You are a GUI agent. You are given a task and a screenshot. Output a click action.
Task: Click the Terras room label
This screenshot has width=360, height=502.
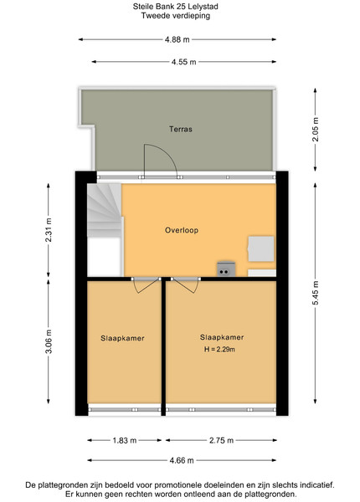[181, 129]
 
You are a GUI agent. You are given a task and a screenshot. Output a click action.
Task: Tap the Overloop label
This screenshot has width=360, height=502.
[182, 230]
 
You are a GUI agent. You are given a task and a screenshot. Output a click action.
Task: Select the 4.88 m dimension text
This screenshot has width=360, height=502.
[177, 39]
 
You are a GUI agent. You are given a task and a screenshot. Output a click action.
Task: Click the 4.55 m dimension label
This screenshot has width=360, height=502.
[183, 62]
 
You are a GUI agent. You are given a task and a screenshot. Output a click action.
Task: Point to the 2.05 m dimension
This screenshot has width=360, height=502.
[316, 130]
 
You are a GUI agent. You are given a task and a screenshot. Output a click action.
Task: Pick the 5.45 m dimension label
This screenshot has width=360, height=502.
[316, 293]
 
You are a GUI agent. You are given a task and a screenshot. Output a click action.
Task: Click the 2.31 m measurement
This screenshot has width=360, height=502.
[49, 230]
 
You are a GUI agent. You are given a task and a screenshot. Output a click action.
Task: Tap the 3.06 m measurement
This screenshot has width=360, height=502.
[49, 341]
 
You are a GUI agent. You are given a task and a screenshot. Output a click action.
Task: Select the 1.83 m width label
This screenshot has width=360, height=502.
[125, 441]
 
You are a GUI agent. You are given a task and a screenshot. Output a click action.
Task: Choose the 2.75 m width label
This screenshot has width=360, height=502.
[221, 441]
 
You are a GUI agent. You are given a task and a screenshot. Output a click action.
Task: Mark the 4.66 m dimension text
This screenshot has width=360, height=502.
[182, 460]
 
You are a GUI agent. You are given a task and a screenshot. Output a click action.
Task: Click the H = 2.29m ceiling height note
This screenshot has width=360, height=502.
[219, 349]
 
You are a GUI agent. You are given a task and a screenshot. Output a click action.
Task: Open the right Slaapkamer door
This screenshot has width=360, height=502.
[186, 285]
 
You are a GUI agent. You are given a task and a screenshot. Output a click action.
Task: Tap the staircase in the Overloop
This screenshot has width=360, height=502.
[105, 210]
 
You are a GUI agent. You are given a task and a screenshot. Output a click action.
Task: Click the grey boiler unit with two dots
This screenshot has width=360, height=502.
[226, 269]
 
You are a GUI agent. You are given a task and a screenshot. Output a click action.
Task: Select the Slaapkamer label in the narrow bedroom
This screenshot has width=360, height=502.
[122, 338]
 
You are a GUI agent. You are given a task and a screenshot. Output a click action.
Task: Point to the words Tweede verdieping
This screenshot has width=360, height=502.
[176, 15]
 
